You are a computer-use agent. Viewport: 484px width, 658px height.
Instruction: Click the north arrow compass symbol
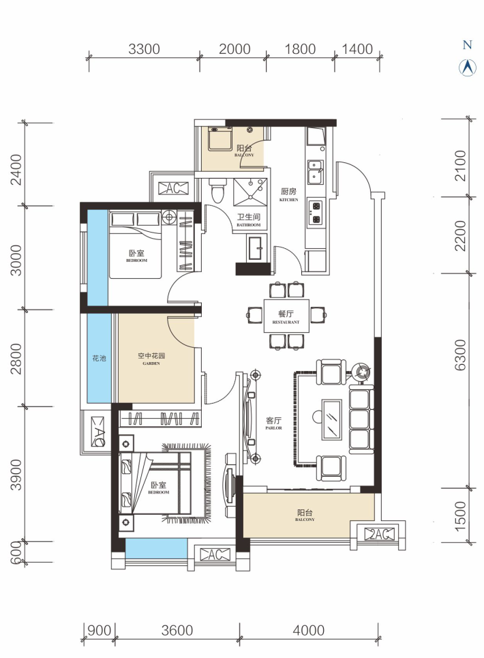[x=467, y=67]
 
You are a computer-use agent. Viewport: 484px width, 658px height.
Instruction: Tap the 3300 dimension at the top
[x=144, y=49]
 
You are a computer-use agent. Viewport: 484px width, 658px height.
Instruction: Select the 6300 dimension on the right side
[x=460, y=355]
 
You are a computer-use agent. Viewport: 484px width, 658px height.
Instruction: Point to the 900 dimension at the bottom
[x=99, y=630]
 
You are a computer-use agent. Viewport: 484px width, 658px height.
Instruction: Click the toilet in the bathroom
[x=217, y=191]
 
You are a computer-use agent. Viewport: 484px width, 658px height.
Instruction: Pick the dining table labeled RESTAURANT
[x=286, y=316]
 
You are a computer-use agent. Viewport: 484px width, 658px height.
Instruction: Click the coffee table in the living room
[x=331, y=419]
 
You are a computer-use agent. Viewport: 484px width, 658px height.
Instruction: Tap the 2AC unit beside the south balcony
[x=379, y=534]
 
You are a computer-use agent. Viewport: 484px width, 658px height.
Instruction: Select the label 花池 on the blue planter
[x=99, y=359]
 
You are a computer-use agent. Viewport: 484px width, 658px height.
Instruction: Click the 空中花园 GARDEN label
[x=151, y=359]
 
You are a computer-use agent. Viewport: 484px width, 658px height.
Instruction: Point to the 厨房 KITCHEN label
[x=288, y=194]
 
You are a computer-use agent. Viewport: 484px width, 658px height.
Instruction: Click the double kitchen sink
[x=316, y=172]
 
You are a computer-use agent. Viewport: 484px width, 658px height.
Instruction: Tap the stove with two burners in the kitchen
[x=316, y=213]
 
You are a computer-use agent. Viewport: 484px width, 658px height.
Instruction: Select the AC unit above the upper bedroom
[x=173, y=188]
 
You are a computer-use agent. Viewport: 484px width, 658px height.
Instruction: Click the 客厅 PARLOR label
[x=273, y=423]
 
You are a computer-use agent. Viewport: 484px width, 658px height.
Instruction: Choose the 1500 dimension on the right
[x=460, y=515]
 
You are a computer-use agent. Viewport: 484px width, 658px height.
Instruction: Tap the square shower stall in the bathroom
[x=250, y=192]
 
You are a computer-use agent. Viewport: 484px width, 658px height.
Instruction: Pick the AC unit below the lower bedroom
[x=215, y=555]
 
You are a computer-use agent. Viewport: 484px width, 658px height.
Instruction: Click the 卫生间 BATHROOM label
[x=249, y=220]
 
